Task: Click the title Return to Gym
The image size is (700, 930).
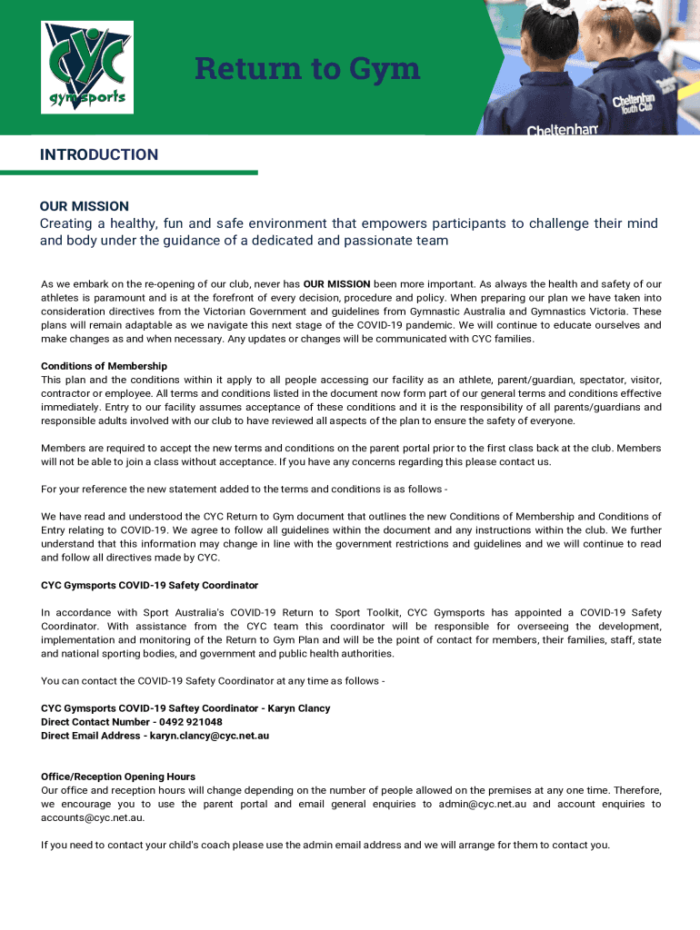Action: point(307,68)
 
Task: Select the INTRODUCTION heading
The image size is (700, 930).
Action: point(98,154)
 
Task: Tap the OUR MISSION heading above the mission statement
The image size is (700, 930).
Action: point(85,206)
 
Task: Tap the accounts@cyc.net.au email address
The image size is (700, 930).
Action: point(92,817)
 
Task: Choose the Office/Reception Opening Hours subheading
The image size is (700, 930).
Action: point(118,777)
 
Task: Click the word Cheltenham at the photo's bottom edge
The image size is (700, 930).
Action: point(562,130)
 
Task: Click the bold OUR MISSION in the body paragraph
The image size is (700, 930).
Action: point(336,284)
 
